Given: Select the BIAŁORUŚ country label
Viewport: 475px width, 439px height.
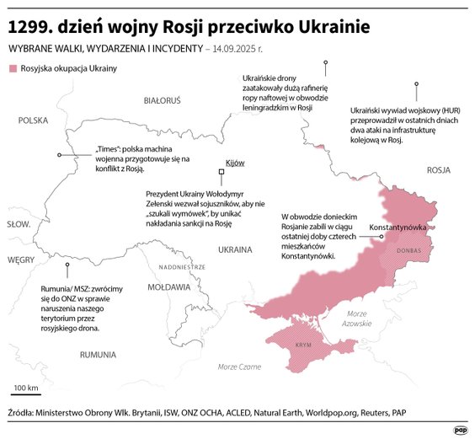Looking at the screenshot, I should point(163,100).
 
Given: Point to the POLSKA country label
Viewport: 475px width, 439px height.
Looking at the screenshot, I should point(34,120).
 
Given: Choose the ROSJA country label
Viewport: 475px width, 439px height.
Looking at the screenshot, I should point(439,169).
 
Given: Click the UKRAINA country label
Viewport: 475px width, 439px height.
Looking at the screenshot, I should point(235,249).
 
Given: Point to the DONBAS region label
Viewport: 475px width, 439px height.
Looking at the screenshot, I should point(409,250).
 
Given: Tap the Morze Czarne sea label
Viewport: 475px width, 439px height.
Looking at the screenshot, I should point(239,367).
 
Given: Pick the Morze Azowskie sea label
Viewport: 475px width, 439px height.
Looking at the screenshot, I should point(358,319).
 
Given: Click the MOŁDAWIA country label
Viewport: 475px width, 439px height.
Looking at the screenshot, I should point(168,286).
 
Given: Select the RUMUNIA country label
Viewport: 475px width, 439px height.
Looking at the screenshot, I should point(98,355).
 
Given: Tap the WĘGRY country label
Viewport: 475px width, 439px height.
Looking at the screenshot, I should point(20,260).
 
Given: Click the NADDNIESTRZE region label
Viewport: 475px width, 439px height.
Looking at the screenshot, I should point(181,266).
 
